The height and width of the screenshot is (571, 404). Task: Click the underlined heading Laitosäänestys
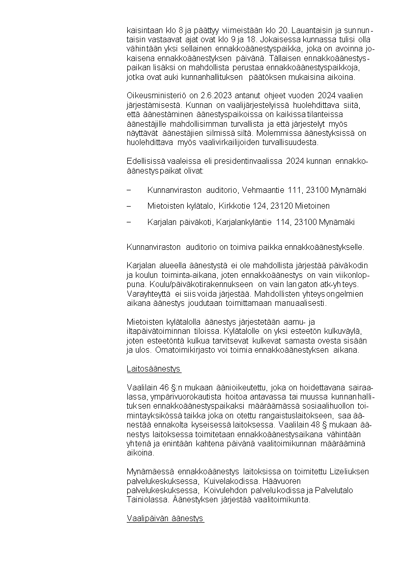point(154,368)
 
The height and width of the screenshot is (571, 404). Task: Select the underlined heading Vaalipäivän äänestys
point(165,519)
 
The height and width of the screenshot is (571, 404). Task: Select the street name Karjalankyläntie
point(246,222)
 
